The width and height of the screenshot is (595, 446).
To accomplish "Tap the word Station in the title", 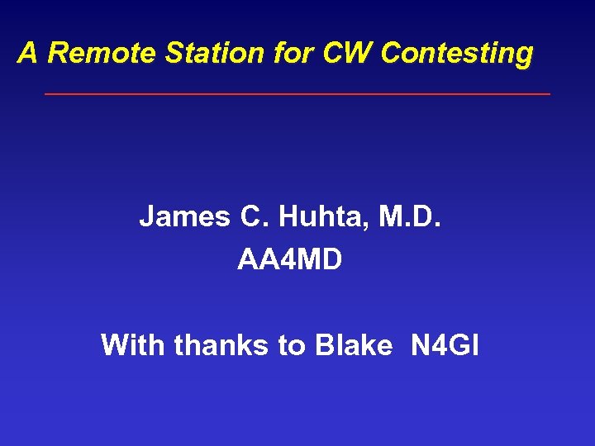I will [x=204, y=54].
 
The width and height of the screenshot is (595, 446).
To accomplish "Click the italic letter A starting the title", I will [x=28, y=54].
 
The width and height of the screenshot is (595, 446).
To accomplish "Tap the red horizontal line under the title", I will [x=297, y=94].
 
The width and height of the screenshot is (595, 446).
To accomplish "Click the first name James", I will [x=185, y=217].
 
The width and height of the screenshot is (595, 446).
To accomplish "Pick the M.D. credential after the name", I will [x=416, y=217].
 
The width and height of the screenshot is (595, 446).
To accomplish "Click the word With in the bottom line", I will [x=133, y=344].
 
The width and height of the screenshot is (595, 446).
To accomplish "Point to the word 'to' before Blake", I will [x=291, y=345].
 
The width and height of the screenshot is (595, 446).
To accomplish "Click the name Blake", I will [x=354, y=344].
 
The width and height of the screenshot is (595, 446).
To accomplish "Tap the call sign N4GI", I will [x=445, y=344].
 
